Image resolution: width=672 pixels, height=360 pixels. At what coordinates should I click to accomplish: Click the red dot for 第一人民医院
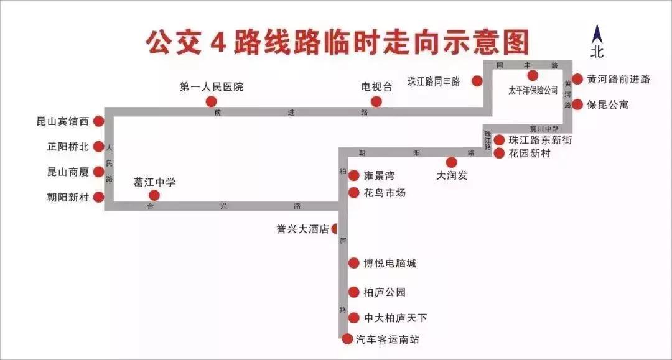211,101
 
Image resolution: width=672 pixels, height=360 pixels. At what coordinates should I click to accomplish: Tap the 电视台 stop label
377,87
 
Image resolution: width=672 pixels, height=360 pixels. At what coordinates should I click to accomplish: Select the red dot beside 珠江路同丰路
477,81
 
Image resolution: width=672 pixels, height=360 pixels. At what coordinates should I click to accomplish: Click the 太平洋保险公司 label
533,90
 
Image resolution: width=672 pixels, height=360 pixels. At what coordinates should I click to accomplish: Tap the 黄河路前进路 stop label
618,79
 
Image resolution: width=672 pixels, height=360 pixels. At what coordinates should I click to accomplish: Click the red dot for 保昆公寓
577,104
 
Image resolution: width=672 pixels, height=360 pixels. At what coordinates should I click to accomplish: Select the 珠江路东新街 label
539,140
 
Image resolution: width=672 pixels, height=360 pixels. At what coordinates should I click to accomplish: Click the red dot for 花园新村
499,152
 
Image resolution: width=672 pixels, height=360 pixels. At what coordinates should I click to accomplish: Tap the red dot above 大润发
452,162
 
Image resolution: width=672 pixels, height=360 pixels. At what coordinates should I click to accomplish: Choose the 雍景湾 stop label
379,176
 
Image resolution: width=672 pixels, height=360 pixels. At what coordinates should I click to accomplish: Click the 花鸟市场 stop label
385,193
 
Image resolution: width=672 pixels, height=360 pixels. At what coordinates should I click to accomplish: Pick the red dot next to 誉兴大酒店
335,229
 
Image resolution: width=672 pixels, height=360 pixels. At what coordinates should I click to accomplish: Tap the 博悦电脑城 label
390,263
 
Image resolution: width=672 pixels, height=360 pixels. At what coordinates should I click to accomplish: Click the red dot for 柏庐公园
353,292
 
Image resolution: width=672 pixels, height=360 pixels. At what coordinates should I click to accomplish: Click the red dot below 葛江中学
154,195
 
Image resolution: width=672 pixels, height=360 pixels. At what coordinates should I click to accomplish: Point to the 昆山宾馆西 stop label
63,122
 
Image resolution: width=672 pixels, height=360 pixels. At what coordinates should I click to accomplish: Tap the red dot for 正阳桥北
98,147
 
